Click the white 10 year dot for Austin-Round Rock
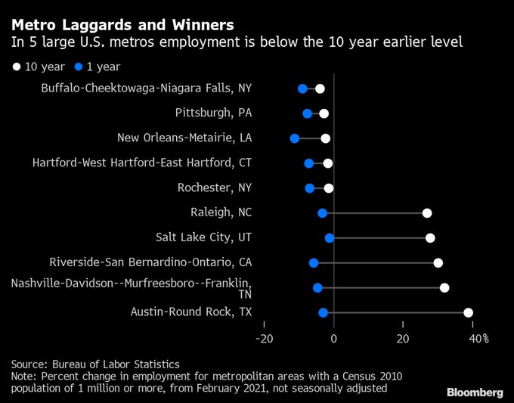pyautogui.click(x=468, y=312)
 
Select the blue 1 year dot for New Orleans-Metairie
pyautogui.click(x=295, y=138)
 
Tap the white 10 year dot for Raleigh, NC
pyautogui.click(x=427, y=213)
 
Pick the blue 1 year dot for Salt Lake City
pyautogui.click(x=330, y=238)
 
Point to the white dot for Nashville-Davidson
pyautogui.click(x=444, y=287)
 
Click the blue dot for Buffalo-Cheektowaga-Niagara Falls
pyautogui.click(x=302, y=88)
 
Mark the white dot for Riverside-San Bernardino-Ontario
pyautogui.click(x=438, y=263)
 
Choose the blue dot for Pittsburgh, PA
pyautogui.click(x=307, y=113)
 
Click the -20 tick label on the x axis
pyautogui.click(x=264, y=338)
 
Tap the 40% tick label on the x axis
pyautogui.click(x=479, y=338)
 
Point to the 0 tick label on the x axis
pyautogui.click(x=333, y=338)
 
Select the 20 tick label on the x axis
pyautogui.click(x=403, y=338)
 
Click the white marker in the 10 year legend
pyautogui.click(x=17, y=67)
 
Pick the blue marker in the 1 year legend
pyautogui.click(x=68, y=67)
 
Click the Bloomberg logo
pyautogui.click(x=474, y=392)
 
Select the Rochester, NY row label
pyautogui.click(x=214, y=188)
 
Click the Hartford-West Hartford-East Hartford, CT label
pyautogui.click(x=142, y=163)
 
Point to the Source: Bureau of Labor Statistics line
pyautogui.click(x=94, y=363)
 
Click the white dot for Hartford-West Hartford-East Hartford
pyautogui.click(x=327, y=163)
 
